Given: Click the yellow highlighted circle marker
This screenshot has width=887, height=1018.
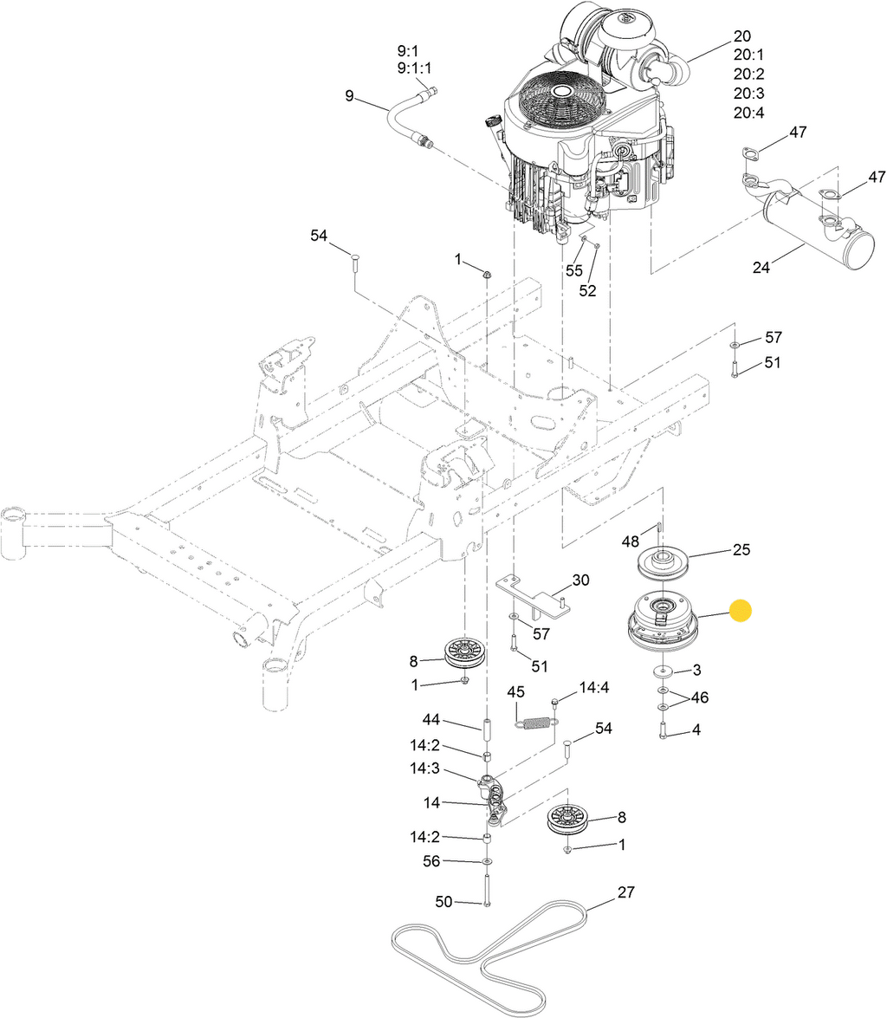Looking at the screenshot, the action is pyautogui.click(x=741, y=611).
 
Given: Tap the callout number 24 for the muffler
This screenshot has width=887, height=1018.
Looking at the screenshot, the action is pyautogui.click(x=761, y=267).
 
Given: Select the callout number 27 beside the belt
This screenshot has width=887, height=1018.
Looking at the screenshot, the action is pyautogui.click(x=625, y=892).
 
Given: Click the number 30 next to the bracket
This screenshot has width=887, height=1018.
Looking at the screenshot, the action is pyautogui.click(x=580, y=580).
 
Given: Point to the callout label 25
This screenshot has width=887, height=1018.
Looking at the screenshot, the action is pyautogui.click(x=741, y=549).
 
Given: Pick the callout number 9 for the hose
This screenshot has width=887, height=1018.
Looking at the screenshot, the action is pyautogui.click(x=349, y=96).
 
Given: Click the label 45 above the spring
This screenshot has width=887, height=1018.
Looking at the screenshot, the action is pyautogui.click(x=515, y=692).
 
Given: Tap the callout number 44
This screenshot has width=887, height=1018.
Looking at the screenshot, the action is pyautogui.click(x=431, y=719).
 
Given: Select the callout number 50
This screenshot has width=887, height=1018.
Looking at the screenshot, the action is pyautogui.click(x=443, y=902).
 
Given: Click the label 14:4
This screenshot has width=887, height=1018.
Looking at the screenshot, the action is pyautogui.click(x=594, y=687).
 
